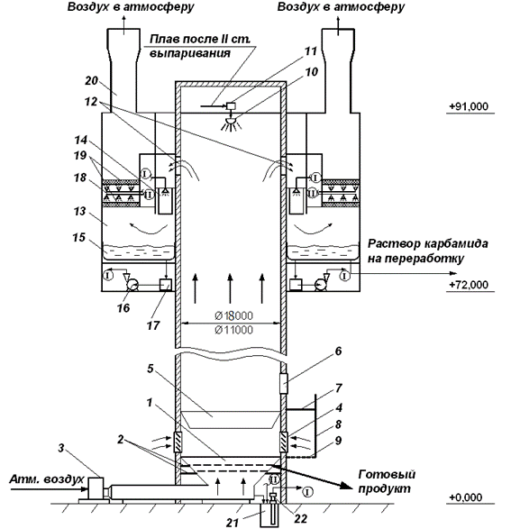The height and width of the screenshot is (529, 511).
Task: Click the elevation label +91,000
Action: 468,106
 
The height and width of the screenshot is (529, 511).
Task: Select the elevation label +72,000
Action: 468,285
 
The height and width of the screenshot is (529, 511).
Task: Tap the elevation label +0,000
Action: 465,497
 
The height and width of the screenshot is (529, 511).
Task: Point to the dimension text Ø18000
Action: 233,315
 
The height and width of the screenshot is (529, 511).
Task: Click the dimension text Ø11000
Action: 233,330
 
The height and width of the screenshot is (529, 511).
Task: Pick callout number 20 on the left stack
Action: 91,80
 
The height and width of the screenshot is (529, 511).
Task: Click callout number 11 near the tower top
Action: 311,51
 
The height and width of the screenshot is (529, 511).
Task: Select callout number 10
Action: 311,71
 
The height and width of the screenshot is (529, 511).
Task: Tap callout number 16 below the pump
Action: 123,307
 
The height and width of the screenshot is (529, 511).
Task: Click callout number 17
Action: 153,326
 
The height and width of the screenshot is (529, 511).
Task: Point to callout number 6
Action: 338,351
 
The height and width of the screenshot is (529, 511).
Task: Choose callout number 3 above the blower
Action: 60,449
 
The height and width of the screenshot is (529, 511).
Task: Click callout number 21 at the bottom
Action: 233,523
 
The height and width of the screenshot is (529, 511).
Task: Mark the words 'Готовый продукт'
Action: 387,481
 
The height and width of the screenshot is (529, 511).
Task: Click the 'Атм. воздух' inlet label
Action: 46,479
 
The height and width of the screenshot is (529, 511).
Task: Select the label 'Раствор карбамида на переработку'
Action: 427,251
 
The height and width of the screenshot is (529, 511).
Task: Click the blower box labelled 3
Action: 96,488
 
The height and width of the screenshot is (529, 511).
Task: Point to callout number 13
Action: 79,212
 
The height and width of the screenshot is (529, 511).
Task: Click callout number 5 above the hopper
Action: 151,369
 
